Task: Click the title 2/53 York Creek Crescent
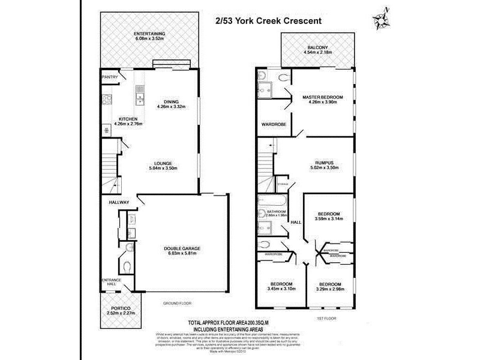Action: [x=269, y=20]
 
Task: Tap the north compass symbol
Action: [x=382, y=19]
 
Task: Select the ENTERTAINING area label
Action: [x=150, y=34]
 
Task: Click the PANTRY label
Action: [x=110, y=77]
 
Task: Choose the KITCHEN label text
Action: [x=128, y=119]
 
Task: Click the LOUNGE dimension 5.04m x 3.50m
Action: [x=163, y=169]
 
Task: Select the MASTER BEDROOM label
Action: [x=322, y=97]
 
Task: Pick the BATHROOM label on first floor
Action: [x=277, y=211]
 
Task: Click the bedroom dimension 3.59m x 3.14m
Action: [x=328, y=220]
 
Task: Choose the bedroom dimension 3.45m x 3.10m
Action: [x=281, y=289]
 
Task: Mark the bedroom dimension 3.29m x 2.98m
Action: [x=329, y=289]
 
